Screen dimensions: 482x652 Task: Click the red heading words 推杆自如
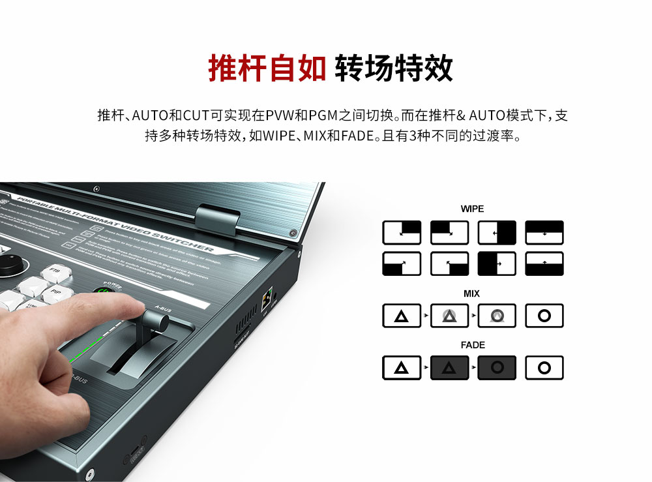pyautogui.click(x=267, y=68)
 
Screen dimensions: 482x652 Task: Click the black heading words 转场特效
pyautogui.click(x=394, y=68)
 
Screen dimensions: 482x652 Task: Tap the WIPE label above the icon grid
pyautogui.click(x=472, y=209)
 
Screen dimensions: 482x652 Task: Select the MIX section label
pyautogui.click(x=472, y=294)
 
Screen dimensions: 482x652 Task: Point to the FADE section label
pyautogui.click(x=472, y=345)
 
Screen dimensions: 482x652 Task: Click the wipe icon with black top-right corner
pyautogui.click(x=402, y=233)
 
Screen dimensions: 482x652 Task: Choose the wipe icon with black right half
pyautogui.click(x=497, y=233)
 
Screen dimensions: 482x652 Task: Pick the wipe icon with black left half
pyautogui.click(x=497, y=264)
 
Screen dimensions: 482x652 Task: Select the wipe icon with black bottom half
pyautogui.click(x=544, y=264)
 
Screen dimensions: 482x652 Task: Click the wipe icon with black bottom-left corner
pyautogui.click(x=402, y=264)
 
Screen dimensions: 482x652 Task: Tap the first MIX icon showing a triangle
pyautogui.click(x=402, y=316)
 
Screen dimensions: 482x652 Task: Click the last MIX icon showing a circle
pyautogui.click(x=544, y=316)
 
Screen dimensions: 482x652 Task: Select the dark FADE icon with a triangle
pyautogui.click(x=449, y=368)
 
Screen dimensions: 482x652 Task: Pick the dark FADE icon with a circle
pyautogui.click(x=497, y=368)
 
